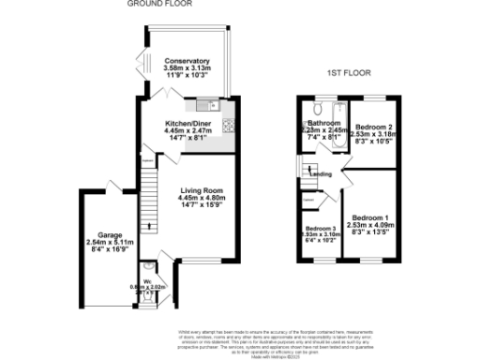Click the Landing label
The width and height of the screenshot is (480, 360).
pyautogui.click(x=321, y=174)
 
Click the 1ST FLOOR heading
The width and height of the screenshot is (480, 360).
pyautogui.click(x=345, y=71)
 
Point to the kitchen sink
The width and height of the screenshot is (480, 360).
pyautogui.click(x=201, y=104)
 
